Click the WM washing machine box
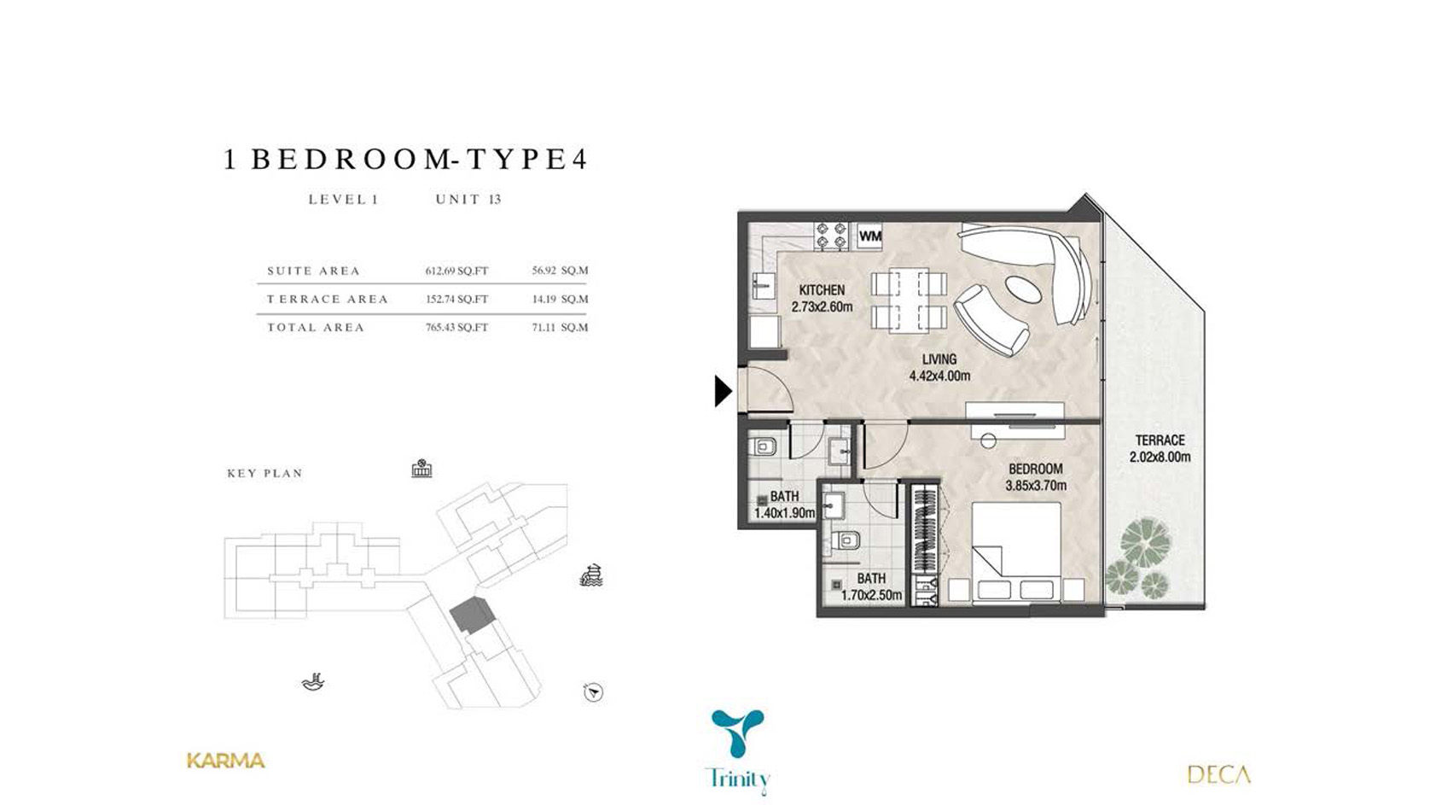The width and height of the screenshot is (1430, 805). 869,236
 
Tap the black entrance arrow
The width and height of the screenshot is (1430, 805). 723,391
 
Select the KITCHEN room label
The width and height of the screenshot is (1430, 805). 822,290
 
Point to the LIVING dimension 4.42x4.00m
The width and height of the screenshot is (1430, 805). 939,376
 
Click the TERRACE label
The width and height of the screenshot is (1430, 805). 1160,440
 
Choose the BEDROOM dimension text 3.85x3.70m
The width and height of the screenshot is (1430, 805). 1036,486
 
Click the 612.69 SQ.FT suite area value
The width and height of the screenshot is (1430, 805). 456,271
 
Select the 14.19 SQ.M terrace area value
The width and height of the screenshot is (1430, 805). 560,299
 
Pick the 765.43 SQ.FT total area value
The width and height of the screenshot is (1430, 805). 456,327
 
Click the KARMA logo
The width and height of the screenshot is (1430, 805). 226,761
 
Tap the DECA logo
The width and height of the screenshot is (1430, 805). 1218,775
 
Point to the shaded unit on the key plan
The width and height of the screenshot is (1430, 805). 473,615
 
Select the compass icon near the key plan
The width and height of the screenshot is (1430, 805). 593,692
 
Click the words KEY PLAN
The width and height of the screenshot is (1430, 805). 265,474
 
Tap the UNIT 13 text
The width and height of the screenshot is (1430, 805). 468,200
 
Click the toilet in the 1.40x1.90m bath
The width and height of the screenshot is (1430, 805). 762,446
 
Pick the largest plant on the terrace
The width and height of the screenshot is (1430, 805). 1146,540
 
